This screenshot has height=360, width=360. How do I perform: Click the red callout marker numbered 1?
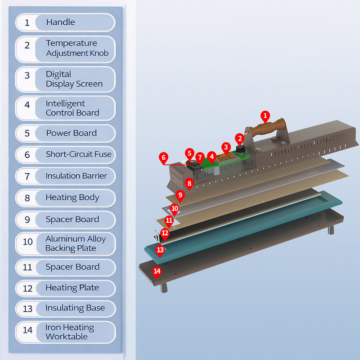pos(265,116)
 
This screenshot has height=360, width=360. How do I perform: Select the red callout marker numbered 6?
pos(163,158)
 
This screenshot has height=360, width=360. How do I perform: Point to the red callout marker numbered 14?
pos(157,271)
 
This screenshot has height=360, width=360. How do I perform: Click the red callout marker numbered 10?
pos(175,209)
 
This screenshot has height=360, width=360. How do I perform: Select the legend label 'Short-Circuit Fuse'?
pos(78,154)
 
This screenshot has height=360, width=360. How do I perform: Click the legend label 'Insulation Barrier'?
pos(76,176)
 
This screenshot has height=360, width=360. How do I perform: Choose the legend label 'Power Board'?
pos(71,133)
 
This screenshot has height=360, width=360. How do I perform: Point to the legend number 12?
pos(27,288)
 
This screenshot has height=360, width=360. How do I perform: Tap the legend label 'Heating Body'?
pos(72,198)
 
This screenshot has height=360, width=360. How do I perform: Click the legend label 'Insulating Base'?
pos(75,308)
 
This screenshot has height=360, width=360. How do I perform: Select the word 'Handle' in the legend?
pos(60,22)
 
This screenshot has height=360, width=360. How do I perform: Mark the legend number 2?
pos(27,45)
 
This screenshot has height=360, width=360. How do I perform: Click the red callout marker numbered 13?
pos(160,249)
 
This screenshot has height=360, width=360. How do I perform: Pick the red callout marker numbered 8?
pos(189,183)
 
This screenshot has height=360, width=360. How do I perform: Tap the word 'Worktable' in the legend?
pos(66,337)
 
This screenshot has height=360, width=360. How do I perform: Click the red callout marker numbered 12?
pos(165,233)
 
